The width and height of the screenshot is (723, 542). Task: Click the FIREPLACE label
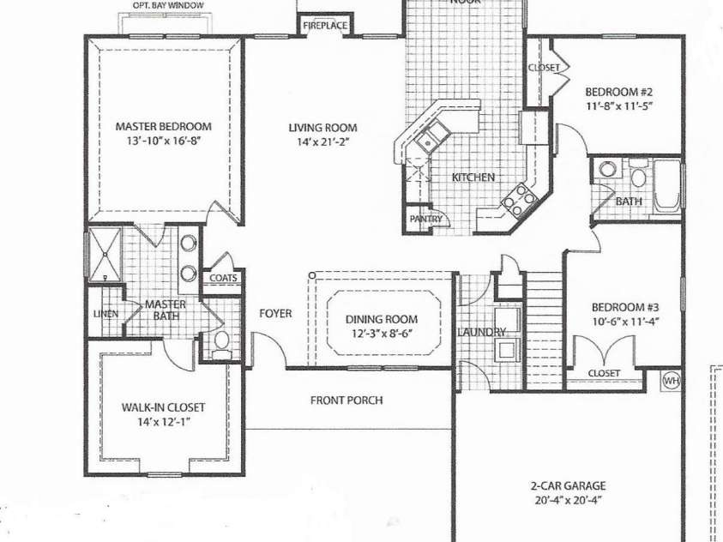(x=325, y=27)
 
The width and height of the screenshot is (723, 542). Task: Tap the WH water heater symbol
(x=670, y=378)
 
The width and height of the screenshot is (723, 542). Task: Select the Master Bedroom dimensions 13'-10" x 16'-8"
(x=163, y=141)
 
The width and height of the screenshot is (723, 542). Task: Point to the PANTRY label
(x=425, y=220)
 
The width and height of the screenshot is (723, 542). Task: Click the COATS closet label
(x=223, y=278)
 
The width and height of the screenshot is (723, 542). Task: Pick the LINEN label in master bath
(x=105, y=314)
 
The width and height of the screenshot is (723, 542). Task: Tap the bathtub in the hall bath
(x=668, y=184)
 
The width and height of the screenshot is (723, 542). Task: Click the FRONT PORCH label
(x=346, y=400)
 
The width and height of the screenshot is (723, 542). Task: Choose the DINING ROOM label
(x=382, y=319)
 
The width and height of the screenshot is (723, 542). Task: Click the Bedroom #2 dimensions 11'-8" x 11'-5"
(x=619, y=107)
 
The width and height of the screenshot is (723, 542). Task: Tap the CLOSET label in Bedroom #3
(x=604, y=374)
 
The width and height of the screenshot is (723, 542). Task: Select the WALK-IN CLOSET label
(x=163, y=407)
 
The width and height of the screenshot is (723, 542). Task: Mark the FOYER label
(x=275, y=314)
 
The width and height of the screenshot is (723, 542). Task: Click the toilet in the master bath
(x=222, y=342)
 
